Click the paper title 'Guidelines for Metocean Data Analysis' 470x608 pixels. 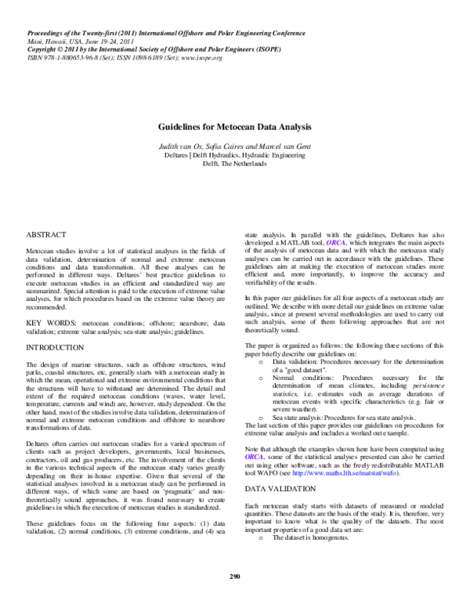click(235, 126)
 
